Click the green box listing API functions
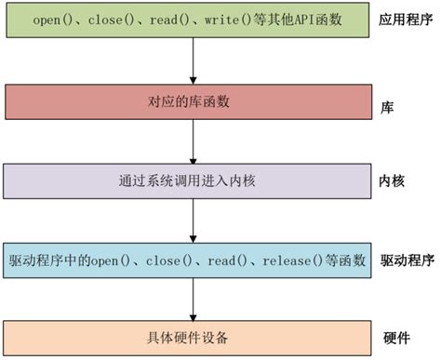(190, 21)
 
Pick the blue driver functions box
(190, 257)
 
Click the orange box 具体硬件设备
(190, 336)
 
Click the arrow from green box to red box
(192, 60)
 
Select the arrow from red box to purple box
(192, 140)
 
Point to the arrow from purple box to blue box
(192, 218)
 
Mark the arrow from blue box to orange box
(192, 297)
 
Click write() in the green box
(225, 20)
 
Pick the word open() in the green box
(51, 20)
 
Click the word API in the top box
(302, 20)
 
